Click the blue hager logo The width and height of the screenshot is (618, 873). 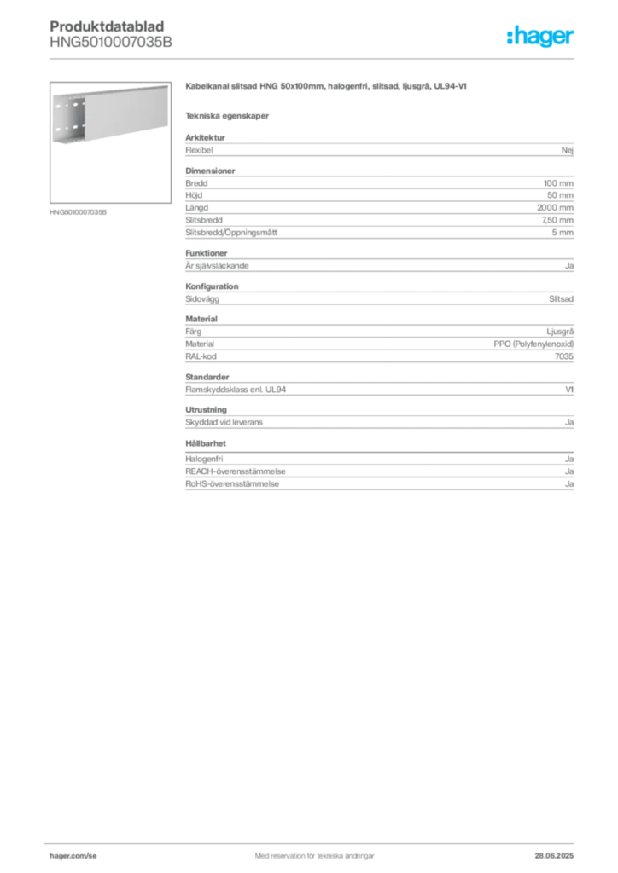(542, 38)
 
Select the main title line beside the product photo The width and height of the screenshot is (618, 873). (327, 89)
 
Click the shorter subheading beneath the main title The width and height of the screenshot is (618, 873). (229, 115)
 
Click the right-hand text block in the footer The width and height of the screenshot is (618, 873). (555, 849)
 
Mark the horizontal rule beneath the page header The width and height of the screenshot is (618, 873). (313, 61)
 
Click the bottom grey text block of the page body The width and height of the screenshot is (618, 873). (378, 473)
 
